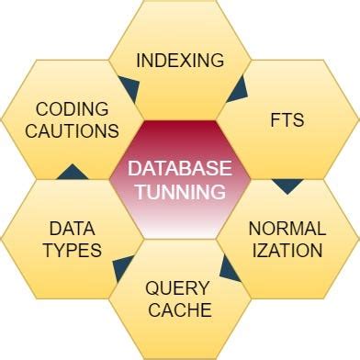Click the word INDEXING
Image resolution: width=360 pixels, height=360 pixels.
click(x=180, y=62)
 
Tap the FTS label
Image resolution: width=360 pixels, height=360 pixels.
click(x=287, y=120)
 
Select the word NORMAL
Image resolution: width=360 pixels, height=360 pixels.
click(x=287, y=228)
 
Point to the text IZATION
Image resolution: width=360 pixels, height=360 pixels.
click(x=287, y=250)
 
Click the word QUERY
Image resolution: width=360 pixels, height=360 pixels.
click(x=179, y=287)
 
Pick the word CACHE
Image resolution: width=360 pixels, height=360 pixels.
click(x=179, y=309)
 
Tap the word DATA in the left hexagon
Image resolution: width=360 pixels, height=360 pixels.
click(x=72, y=228)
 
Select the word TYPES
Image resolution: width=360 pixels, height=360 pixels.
click(x=72, y=250)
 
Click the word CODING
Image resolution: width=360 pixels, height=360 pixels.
click(x=72, y=109)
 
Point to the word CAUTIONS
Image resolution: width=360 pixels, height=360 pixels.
click(x=72, y=131)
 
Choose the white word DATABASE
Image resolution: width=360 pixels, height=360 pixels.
click(x=179, y=170)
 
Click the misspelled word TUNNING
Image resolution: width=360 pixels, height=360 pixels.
click(x=179, y=192)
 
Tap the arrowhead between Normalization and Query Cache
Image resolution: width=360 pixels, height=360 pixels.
click(x=230, y=268)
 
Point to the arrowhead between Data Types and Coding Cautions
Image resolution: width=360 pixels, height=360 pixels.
click(x=72, y=172)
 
